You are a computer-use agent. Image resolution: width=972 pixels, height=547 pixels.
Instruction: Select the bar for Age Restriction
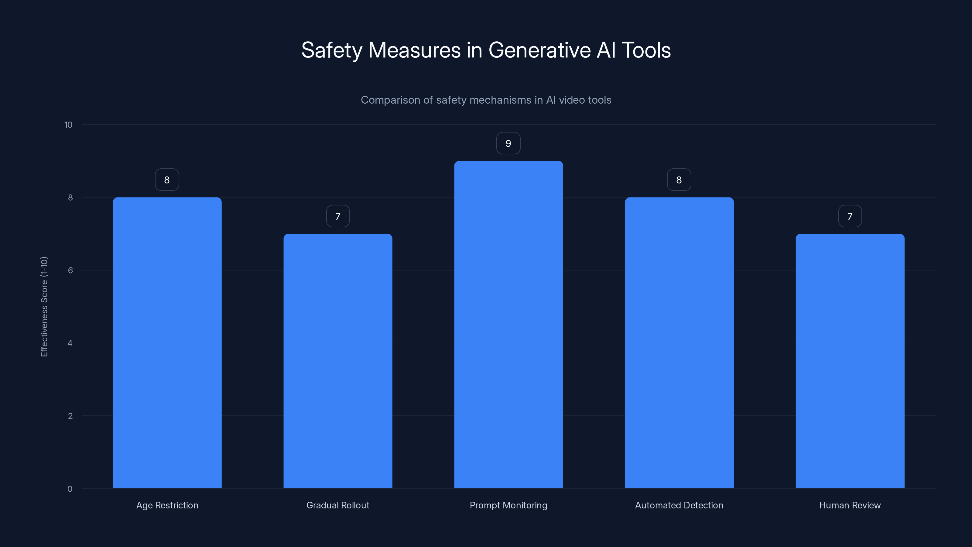[167, 343]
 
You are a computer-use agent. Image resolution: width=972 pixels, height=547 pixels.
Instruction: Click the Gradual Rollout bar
[338, 361]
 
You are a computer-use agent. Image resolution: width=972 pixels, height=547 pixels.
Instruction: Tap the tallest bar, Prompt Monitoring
[508, 325]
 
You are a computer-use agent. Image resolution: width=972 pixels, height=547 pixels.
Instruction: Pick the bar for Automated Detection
[679, 343]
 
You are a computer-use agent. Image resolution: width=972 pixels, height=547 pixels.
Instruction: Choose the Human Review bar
[850, 361]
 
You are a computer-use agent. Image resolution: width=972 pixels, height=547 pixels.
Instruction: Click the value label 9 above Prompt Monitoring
[508, 143]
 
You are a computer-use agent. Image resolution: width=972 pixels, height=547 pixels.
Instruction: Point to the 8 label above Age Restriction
[167, 180]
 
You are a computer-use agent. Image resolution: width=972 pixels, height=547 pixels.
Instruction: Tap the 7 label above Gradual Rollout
[338, 216]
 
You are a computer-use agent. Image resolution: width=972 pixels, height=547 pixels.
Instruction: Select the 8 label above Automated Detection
[679, 180]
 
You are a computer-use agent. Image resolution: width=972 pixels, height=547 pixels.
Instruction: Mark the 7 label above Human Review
[850, 216]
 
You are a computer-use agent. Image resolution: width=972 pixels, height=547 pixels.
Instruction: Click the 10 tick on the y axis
[68, 125]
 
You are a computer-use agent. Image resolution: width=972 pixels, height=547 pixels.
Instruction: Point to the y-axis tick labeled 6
[70, 270]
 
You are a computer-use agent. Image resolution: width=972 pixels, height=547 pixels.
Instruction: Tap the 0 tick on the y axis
[70, 489]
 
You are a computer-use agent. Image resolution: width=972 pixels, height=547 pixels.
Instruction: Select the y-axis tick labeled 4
[70, 343]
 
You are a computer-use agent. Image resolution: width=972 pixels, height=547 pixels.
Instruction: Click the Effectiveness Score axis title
[44, 307]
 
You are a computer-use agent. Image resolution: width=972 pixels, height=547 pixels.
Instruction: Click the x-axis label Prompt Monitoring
[508, 505]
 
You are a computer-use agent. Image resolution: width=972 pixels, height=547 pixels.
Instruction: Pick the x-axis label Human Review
[850, 505]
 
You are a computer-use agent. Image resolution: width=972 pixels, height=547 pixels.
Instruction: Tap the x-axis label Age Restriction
[167, 505]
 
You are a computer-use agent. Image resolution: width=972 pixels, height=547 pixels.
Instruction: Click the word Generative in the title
[539, 50]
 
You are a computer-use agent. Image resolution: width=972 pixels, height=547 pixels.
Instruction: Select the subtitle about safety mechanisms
[486, 100]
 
